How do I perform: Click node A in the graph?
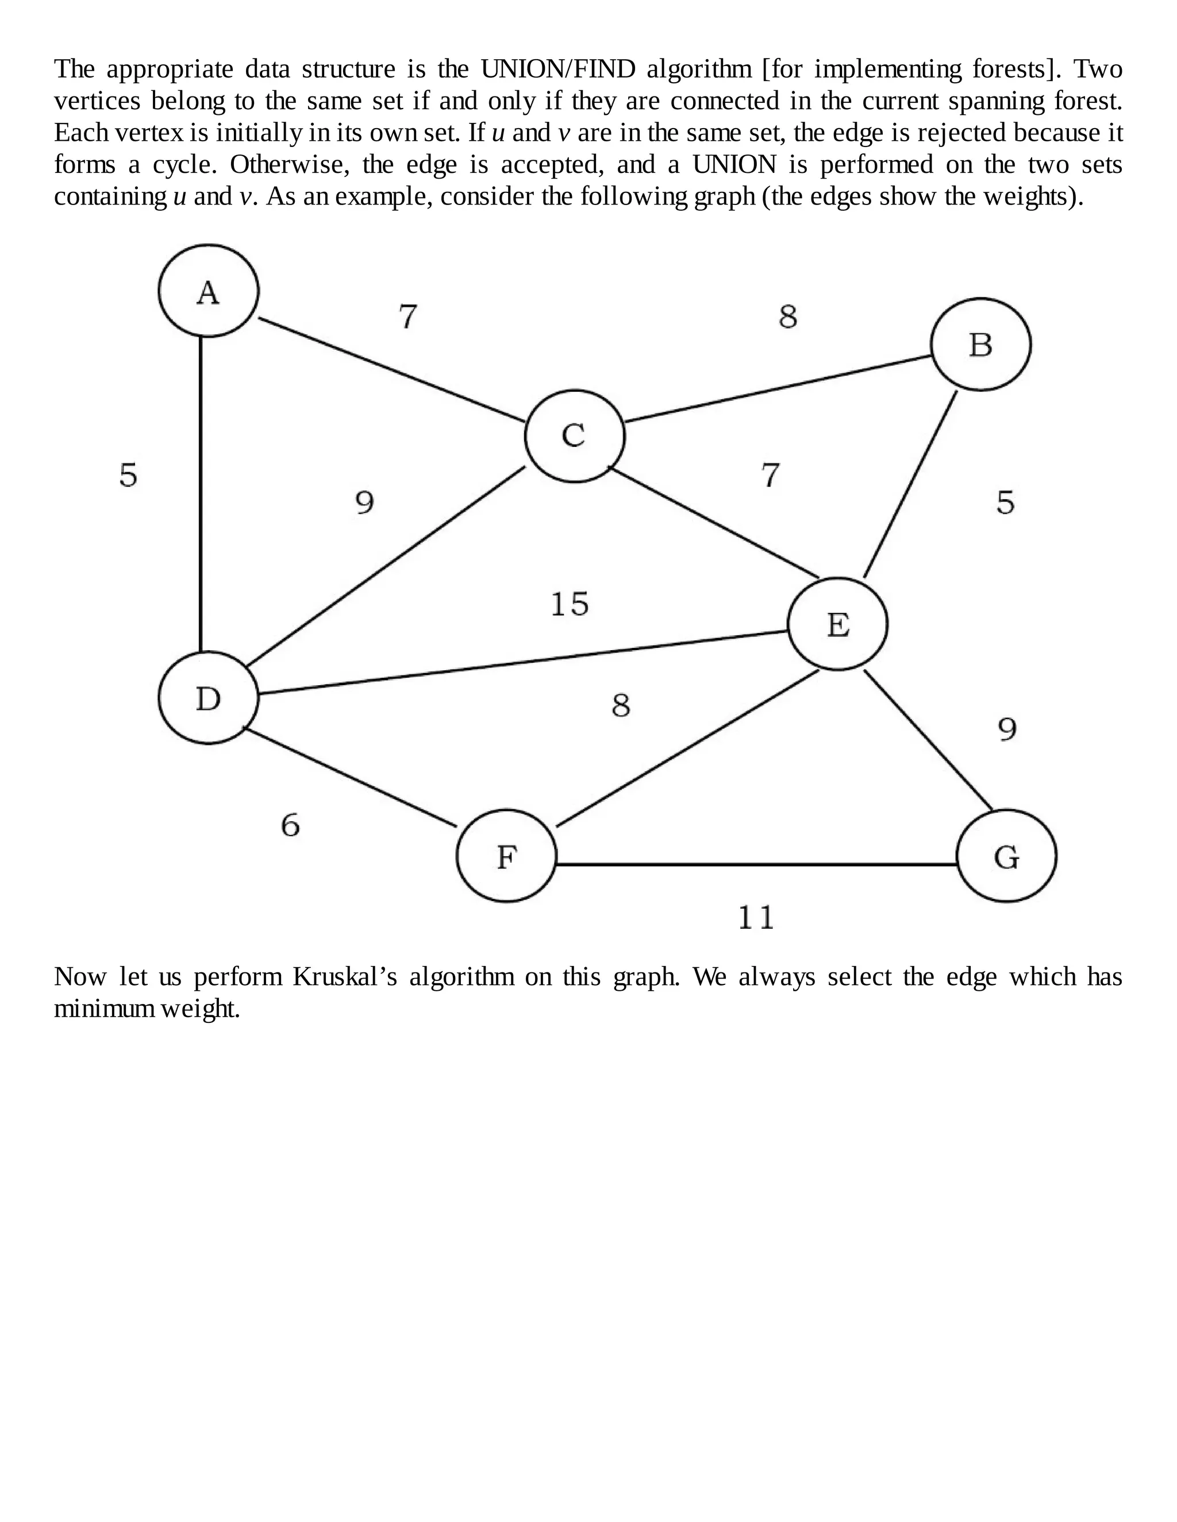pyautogui.click(x=209, y=291)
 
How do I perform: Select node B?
pyautogui.click(x=980, y=344)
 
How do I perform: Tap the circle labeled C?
pyautogui.click(x=575, y=436)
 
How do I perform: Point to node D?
pyautogui.click(x=209, y=698)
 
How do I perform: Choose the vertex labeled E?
pyautogui.click(x=837, y=624)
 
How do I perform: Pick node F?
pyautogui.click(x=507, y=856)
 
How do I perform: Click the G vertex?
pyautogui.click(x=1006, y=856)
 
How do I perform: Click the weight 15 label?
pyautogui.click(x=570, y=604)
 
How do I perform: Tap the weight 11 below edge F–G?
pyautogui.click(x=756, y=917)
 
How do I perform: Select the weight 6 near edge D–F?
pyautogui.click(x=290, y=825)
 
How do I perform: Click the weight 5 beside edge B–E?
pyautogui.click(x=1005, y=502)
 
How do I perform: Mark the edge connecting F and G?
pyautogui.click(x=756, y=864)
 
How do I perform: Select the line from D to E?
pyautogui.click(x=523, y=662)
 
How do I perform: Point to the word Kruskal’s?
pyautogui.click(x=344, y=977)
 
